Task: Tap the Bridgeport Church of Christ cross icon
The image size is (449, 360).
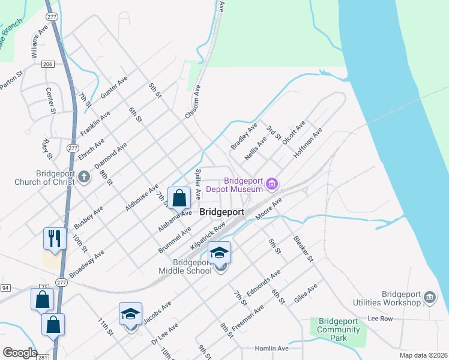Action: (x=84, y=178)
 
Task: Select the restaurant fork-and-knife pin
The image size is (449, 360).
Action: (x=54, y=238)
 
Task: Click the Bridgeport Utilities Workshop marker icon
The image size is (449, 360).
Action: (x=429, y=296)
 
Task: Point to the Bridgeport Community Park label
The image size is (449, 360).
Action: (x=339, y=329)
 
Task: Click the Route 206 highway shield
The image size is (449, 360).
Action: (x=48, y=64)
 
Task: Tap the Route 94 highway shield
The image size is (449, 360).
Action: (x=5, y=288)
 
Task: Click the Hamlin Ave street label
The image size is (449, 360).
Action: (x=271, y=348)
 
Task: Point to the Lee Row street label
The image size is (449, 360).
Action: (x=379, y=319)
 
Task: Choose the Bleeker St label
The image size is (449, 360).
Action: (x=303, y=249)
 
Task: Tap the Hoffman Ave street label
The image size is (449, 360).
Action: (x=308, y=142)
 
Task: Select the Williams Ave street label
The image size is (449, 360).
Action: (x=39, y=41)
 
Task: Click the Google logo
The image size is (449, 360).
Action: (x=20, y=352)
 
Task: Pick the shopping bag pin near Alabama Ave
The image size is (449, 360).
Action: (x=179, y=197)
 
